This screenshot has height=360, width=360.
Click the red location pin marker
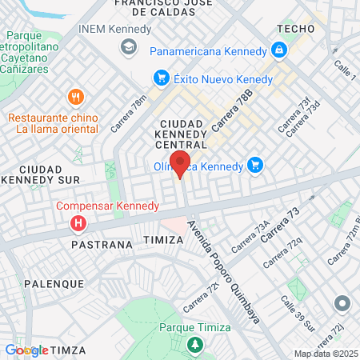click(x=180, y=164)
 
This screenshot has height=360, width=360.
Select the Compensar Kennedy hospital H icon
click(x=78, y=222)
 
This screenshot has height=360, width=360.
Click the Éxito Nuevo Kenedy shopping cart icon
click(x=161, y=78)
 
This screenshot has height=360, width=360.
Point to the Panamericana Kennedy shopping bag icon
click(x=278, y=51)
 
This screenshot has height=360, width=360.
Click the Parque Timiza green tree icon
click(x=194, y=345)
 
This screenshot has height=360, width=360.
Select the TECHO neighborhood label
click(x=293, y=28)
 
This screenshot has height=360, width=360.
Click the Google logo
click(x=26, y=350)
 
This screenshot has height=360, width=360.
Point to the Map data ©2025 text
click(x=326, y=354)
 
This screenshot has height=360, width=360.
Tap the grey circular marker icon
click(x=342, y=304)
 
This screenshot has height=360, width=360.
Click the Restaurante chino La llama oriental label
click(x=53, y=122)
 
